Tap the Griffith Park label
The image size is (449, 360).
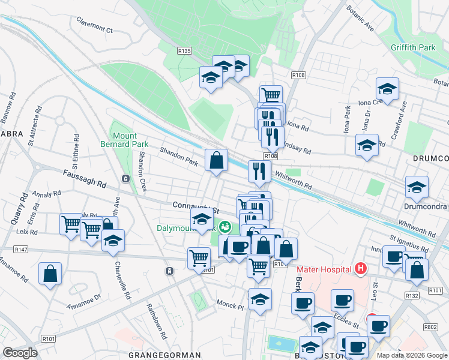(x=412, y=47)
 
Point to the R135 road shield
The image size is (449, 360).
(x=184, y=52)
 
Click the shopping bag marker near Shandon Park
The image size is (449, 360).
(x=217, y=160)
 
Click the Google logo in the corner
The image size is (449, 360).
(x=20, y=352)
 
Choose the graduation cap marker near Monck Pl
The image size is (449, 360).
(x=260, y=299)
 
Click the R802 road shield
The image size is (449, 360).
(x=430, y=327)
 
